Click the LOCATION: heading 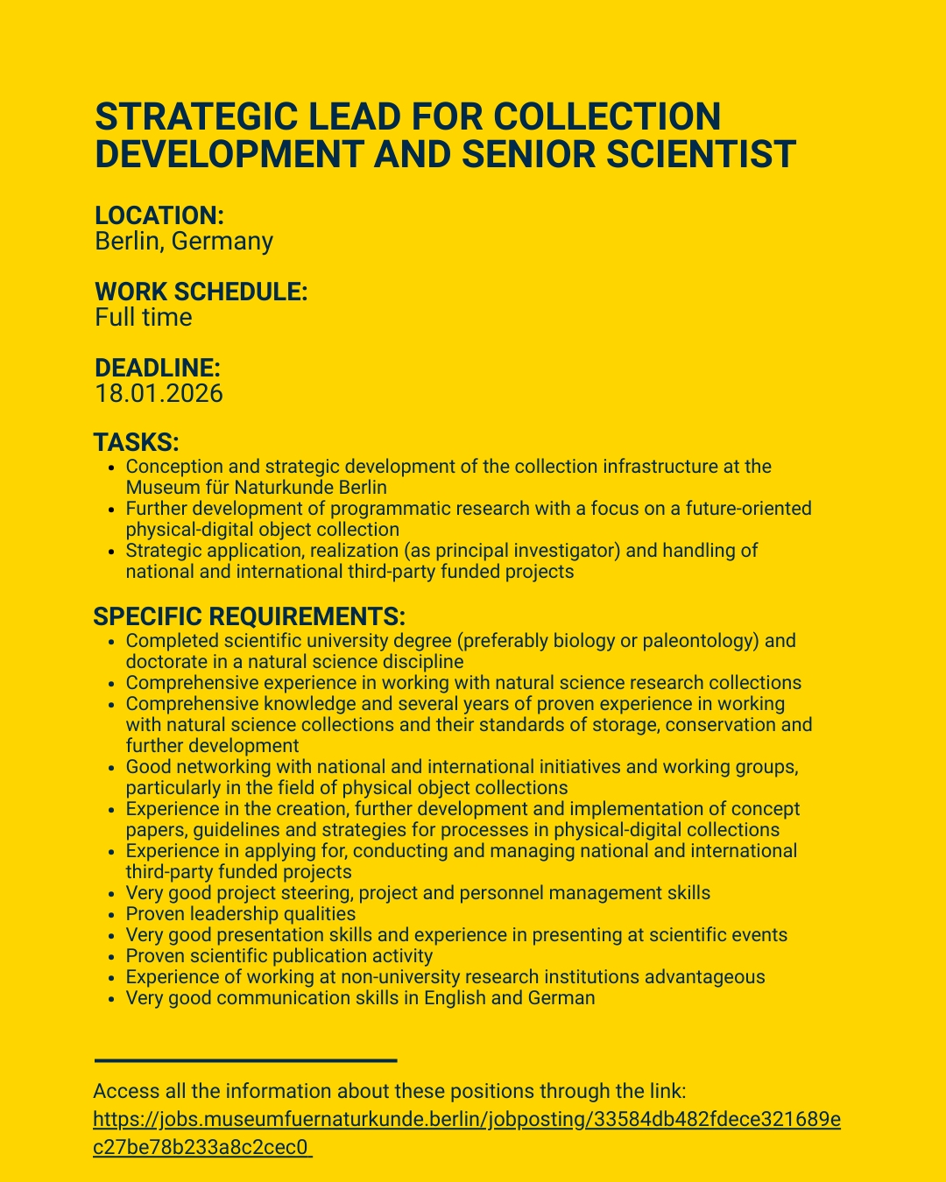click(x=159, y=215)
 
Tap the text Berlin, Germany click(x=184, y=241)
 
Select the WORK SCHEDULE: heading click(x=201, y=292)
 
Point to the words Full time click(x=144, y=317)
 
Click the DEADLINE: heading click(x=158, y=368)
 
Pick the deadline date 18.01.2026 click(x=159, y=393)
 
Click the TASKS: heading click(x=137, y=442)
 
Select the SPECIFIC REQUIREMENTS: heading click(x=250, y=616)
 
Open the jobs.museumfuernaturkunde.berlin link click(x=466, y=1120)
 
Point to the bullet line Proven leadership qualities click(x=241, y=914)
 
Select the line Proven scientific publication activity click(x=279, y=956)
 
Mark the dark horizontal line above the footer click(x=245, y=1061)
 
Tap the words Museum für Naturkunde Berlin click(x=257, y=488)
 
